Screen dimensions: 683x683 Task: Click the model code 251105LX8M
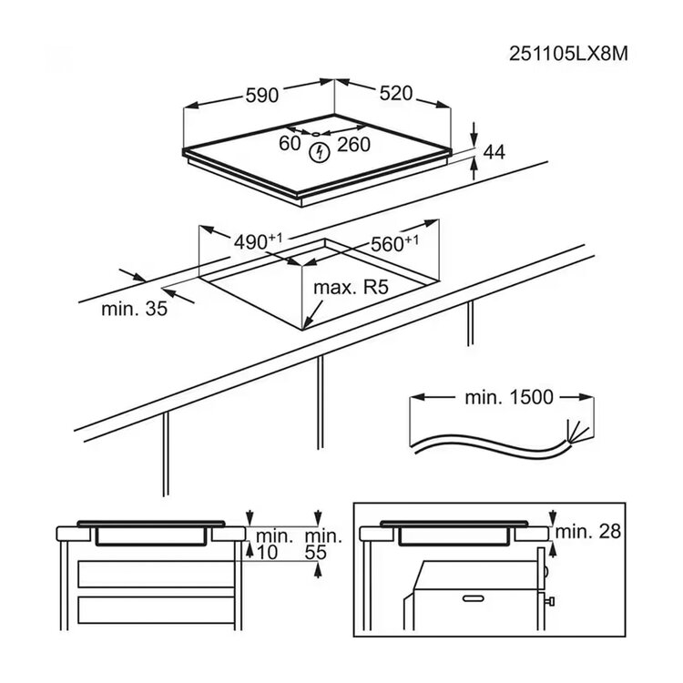(x=568, y=54)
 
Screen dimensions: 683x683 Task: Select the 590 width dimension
(x=261, y=96)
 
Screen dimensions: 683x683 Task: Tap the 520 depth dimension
(x=395, y=93)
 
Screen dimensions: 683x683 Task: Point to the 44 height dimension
(x=494, y=152)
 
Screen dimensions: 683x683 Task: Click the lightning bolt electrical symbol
(x=320, y=153)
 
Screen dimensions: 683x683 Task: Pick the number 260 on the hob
(x=353, y=144)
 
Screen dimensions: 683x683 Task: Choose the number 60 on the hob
(x=290, y=143)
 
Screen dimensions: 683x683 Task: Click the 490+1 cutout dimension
(x=258, y=241)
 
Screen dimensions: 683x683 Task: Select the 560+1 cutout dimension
(x=394, y=243)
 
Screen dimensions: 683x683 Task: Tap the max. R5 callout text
(x=351, y=288)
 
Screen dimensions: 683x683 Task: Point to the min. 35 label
(x=134, y=309)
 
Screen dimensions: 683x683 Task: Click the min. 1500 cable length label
(x=509, y=397)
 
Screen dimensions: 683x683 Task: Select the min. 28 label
(x=588, y=532)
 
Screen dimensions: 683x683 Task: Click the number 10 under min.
(x=268, y=553)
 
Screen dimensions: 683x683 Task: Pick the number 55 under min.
(x=315, y=553)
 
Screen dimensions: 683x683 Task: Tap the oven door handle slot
(x=474, y=598)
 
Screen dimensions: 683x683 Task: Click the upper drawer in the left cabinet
(x=157, y=574)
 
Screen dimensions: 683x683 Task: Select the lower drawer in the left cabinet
(x=157, y=610)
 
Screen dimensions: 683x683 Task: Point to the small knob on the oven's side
(x=550, y=602)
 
